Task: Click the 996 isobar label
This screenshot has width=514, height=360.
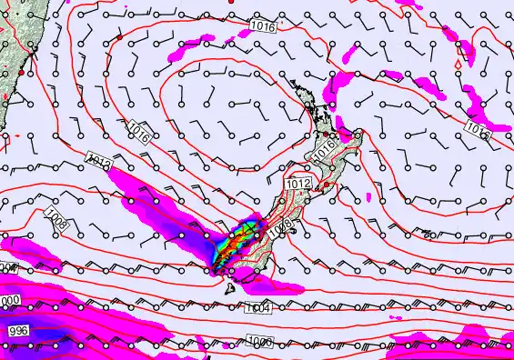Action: coord(18,331)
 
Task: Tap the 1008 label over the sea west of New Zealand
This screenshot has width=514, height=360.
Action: coord(56,216)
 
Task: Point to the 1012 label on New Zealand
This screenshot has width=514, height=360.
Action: coord(299,185)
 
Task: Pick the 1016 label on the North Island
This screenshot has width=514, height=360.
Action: coord(325,150)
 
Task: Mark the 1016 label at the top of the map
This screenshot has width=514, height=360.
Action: coord(262,26)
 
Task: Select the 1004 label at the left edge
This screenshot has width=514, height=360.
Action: coord(7,268)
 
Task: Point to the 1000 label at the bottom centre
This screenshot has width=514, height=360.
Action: coord(260,341)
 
